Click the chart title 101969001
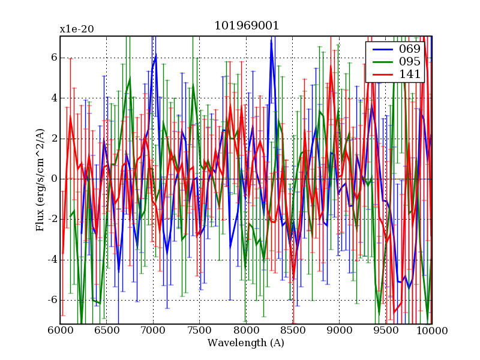pyautogui.click(x=247, y=26)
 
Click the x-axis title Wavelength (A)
pyautogui.click(x=246, y=343)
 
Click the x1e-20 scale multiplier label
pyautogui.click(x=76, y=29)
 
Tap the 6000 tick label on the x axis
pyautogui.click(x=60, y=330)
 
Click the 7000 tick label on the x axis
pyautogui.click(x=153, y=330)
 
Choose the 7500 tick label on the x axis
pyautogui.click(x=200, y=330)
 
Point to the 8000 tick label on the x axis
pyautogui.click(x=246, y=330)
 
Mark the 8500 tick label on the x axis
pyautogui.click(x=293, y=330)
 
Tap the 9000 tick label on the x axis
pyautogui.click(x=339, y=330)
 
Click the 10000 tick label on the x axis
pyautogui.click(x=432, y=330)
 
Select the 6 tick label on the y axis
pyautogui.click(x=53, y=58)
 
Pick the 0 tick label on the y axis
pyautogui.click(x=53, y=179)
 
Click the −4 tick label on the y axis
pyautogui.click(x=50, y=259)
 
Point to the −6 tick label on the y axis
pyautogui.click(x=50, y=300)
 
